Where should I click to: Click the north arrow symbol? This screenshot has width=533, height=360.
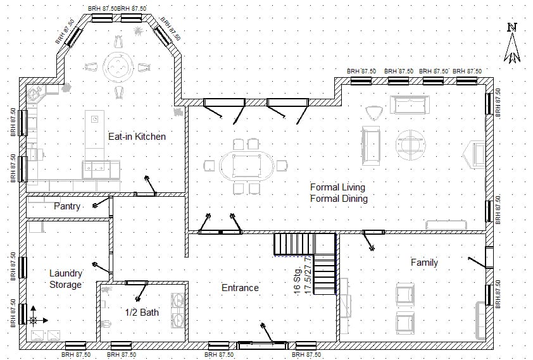click(512, 44)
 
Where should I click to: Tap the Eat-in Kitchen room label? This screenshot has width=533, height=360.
click(137, 136)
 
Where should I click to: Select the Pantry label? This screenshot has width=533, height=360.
click(66, 206)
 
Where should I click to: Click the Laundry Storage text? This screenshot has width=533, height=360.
click(66, 279)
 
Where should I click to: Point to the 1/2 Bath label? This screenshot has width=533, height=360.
click(142, 312)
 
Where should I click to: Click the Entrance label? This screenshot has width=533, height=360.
click(240, 288)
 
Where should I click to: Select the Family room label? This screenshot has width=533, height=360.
click(424, 263)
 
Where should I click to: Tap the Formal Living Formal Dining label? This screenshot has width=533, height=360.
click(339, 193)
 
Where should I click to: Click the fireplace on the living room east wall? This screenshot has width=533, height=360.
click(475, 154)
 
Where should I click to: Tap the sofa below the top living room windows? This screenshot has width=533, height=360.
click(411, 104)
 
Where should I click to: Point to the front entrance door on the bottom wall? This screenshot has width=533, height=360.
click(261, 345)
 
